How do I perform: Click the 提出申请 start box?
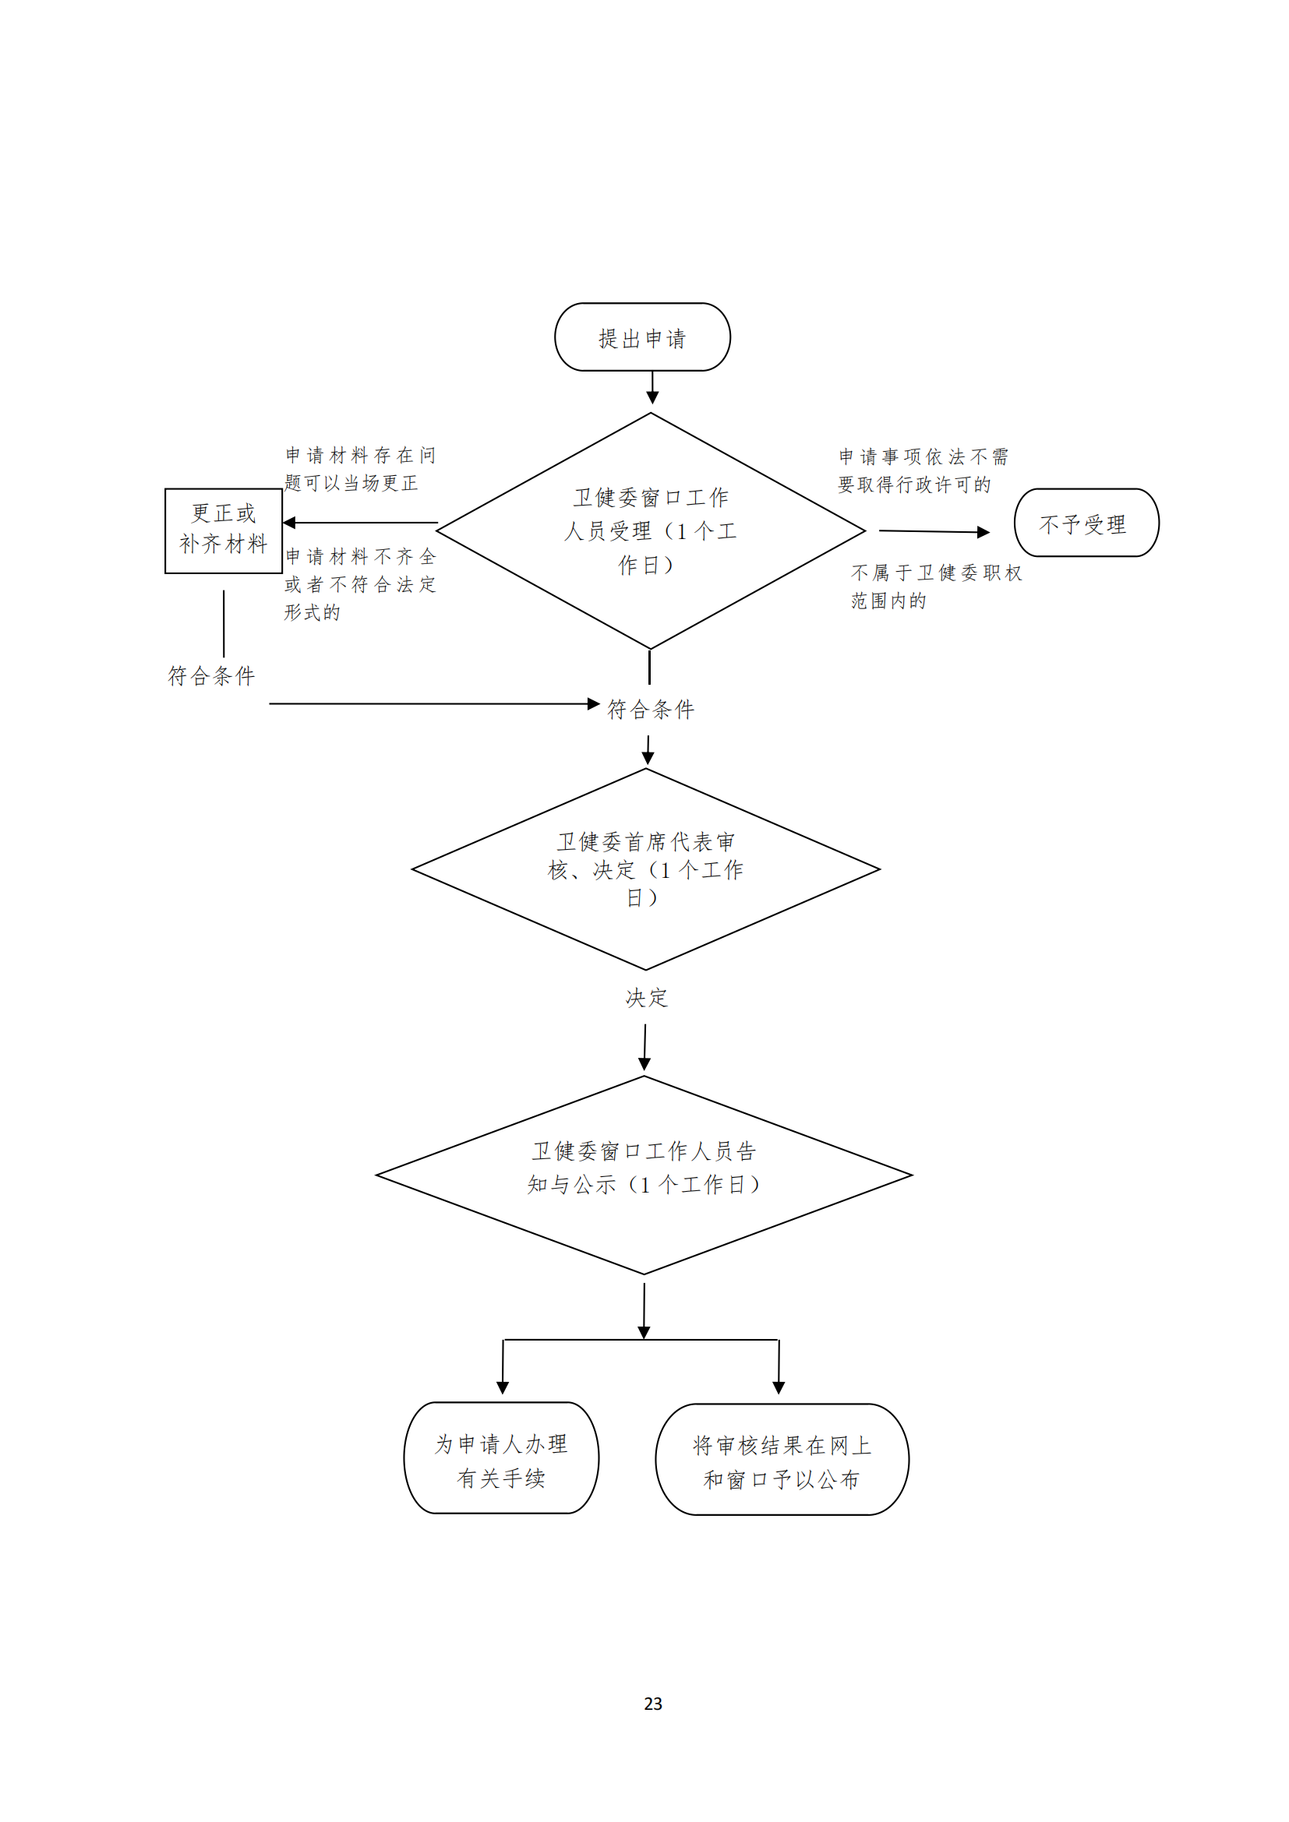point(641,337)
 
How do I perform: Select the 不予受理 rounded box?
point(1085,523)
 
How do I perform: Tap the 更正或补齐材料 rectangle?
point(223,530)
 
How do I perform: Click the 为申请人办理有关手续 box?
point(501,1460)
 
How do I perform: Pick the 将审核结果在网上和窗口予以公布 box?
point(781,1461)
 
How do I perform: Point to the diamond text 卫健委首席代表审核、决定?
point(645,869)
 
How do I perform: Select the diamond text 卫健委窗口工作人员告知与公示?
point(644,1168)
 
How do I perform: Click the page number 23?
point(652,1704)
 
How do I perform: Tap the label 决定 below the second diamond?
point(646,998)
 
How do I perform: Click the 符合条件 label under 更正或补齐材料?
point(211,675)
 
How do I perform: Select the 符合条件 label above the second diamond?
point(650,709)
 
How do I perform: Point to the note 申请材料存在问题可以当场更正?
point(359,469)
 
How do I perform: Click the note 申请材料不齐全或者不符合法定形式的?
point(359,584)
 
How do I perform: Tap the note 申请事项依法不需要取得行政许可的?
point(922,470)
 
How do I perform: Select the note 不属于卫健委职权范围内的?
point(935,587)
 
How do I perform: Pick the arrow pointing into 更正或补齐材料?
point(360,522)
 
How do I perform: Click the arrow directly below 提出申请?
point(652,388)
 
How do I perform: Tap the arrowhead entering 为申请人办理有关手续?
point(503,1387)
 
